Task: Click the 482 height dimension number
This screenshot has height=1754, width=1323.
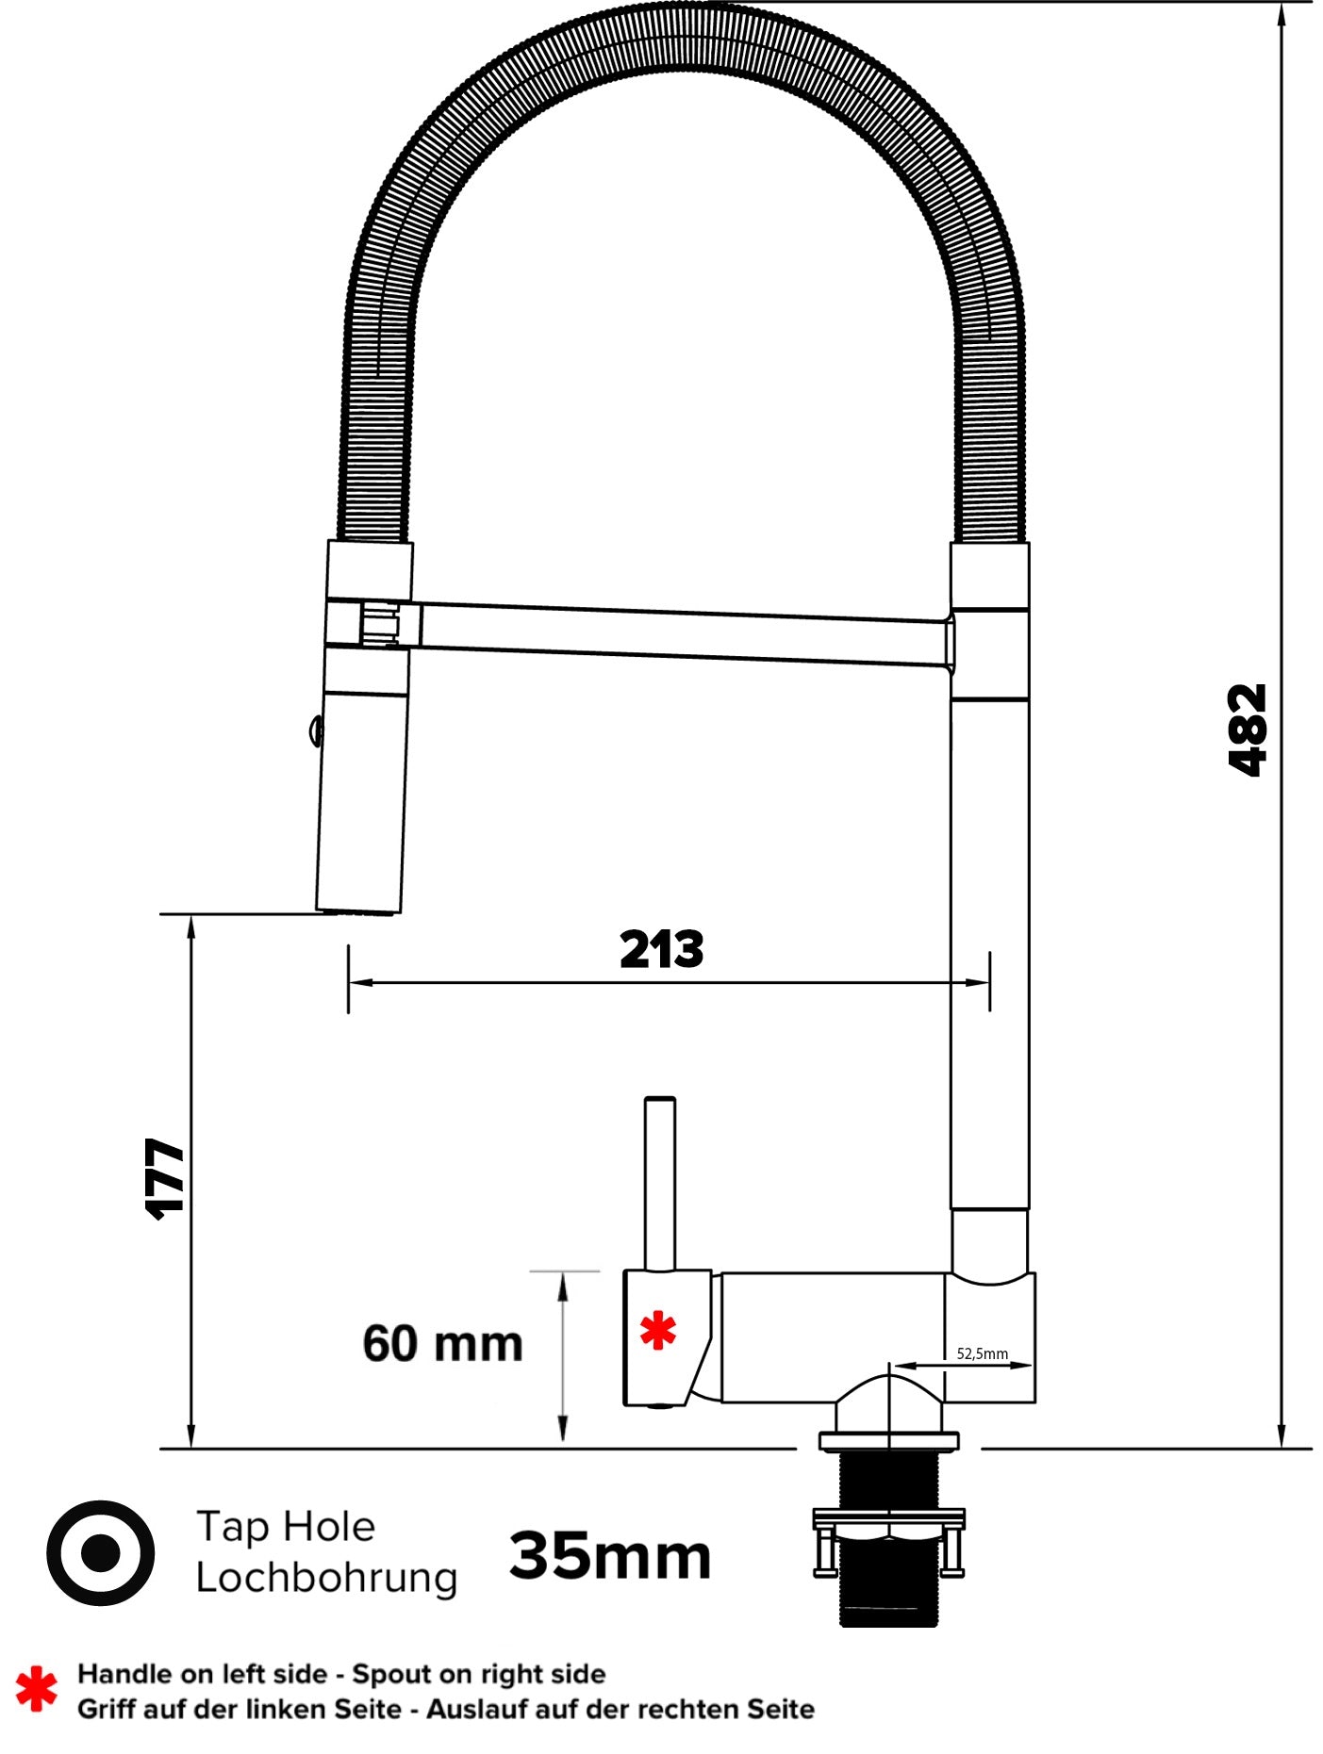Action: click(1248, 729)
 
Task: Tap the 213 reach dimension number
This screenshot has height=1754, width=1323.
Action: click(661, 950)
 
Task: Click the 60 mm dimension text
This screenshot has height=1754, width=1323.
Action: click(442, 1344)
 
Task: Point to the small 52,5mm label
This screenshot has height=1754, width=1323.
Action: click(982, 1353)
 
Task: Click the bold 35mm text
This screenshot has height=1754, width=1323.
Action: click(610, 1556)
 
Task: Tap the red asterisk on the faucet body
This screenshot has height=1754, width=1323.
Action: click(657, 1331)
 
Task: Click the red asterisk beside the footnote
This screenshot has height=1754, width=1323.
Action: click(36, 1689)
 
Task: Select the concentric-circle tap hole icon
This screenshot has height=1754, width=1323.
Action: click(100, 1552)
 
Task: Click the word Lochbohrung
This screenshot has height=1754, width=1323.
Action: click(325, 1578)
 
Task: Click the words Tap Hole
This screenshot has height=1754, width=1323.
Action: click(285, 1526)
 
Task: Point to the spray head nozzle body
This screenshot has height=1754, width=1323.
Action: click(361, 801)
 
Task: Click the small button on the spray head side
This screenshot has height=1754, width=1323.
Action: click(315, 729)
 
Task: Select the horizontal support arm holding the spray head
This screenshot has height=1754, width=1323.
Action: click(679, 632)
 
